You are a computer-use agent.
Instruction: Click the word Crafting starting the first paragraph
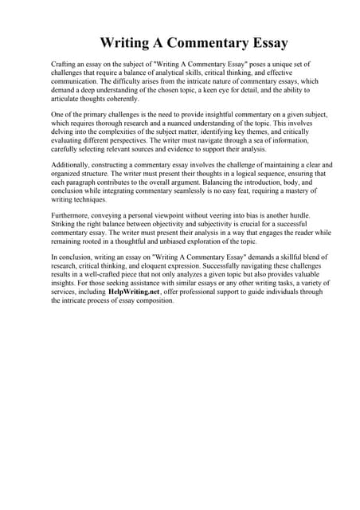pyautogui.click(x=65, y=63)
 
